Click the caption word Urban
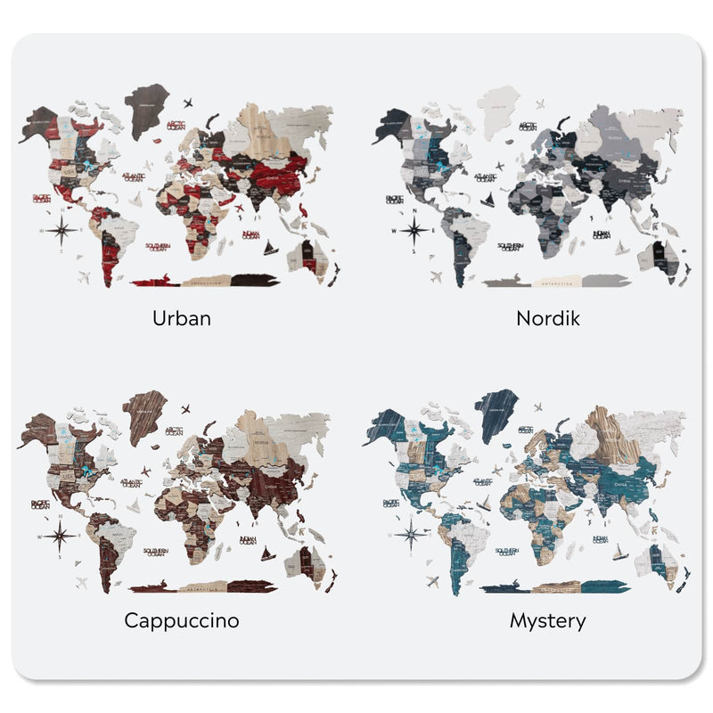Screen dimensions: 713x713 182,317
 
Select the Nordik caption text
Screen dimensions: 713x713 547,317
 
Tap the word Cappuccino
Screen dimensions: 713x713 182,620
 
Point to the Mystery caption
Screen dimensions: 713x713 547,620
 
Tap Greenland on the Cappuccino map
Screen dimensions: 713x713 145,416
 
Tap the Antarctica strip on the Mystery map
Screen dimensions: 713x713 553,589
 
